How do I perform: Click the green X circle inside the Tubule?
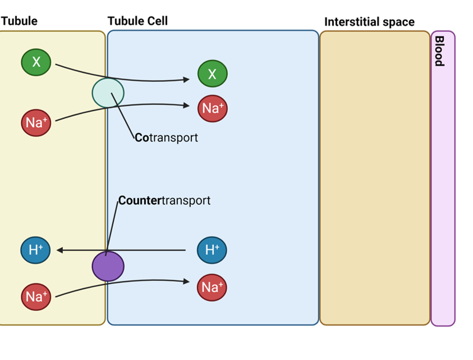(x=36, y=62)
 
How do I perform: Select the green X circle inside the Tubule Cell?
(x=212, y=74)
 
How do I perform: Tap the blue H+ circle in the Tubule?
(x=35, y=250)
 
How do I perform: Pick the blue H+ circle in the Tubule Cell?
(x=212, y=250)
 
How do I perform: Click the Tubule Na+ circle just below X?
(x=36, y=122)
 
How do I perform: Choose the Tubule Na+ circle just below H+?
(x=36, y=296)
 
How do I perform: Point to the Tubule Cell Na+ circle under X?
(x=212, y=108)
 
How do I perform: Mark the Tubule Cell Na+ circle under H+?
(x=212, y=288)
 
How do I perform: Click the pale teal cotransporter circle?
(x=108, y=93)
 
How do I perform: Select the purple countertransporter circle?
(x=108, y=266)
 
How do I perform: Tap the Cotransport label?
(x=166, y=138)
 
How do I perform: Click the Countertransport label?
(x=164, y=200)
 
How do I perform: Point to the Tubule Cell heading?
(x=137, y=21)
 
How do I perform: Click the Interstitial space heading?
(x=369, y=22)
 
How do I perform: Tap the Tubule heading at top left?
(x=19, y=21)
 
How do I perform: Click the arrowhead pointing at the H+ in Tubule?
(x=59, y=250)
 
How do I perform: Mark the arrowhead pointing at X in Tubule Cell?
(x=186, y=80)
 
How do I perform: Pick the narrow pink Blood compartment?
(x=443, y=197)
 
